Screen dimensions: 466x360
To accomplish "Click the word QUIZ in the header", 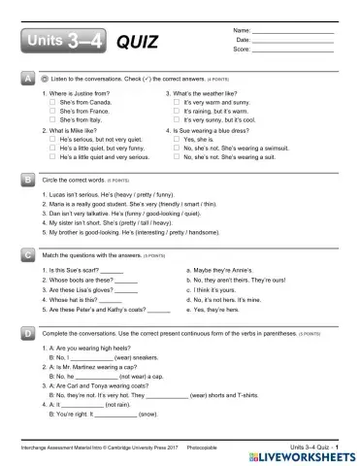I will (x=135, y=43).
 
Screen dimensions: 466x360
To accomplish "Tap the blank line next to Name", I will (x=291, y=32).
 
